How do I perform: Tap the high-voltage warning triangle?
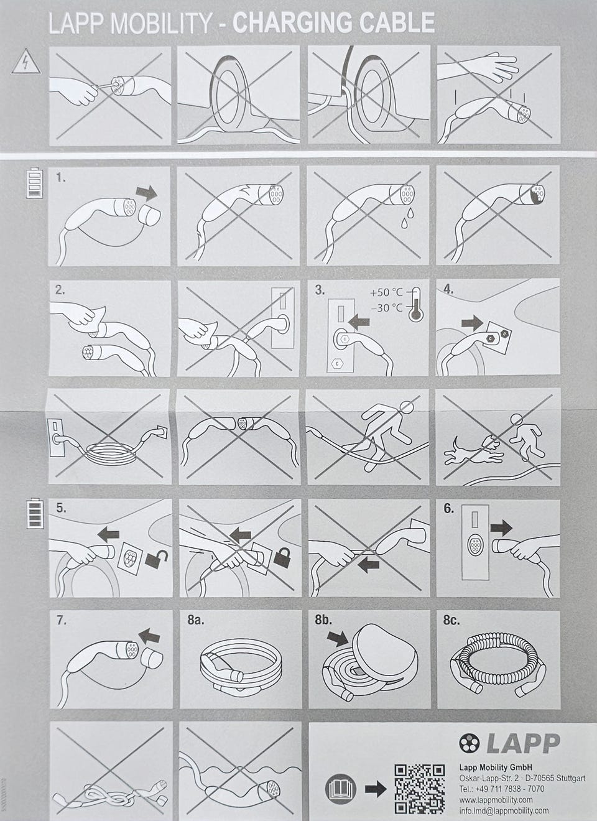[x=26, y=62]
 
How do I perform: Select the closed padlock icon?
[x=282, y=557]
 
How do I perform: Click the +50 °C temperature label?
[x=386, y=292]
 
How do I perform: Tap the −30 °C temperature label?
[x=386, y=307]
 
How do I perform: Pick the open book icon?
[x=340, y=789]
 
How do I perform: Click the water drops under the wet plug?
[x=407, y=218]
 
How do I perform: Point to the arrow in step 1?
[x=146, y=193]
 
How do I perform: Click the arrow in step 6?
[x=501, y=528]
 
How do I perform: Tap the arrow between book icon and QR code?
[x=375, y=788]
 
